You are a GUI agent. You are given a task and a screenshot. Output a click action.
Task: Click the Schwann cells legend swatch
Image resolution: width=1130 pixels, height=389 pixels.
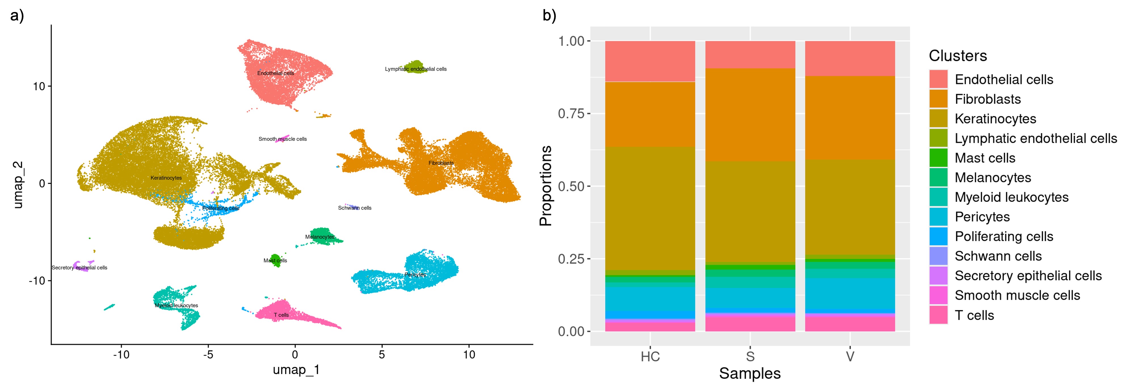(x=938, y=256)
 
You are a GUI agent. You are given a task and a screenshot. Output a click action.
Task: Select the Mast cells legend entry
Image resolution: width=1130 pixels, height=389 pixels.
(x=985, y=158)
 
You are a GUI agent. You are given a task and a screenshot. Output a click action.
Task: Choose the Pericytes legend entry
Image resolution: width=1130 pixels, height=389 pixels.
(x=982, y=217)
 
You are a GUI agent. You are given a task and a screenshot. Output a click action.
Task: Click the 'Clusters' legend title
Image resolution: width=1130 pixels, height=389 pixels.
(x=957, y=56)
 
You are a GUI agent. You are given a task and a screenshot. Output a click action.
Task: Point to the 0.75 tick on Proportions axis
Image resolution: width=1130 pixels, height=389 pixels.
(x=571, y=114)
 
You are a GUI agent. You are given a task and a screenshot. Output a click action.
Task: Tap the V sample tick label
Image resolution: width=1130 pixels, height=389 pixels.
(x=850, y=356)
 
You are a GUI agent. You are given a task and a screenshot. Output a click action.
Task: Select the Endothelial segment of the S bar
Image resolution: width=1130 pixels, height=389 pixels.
(x=750, y=55)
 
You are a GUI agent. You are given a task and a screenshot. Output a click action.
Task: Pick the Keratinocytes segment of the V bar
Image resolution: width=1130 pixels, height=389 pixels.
(x=850, y=206)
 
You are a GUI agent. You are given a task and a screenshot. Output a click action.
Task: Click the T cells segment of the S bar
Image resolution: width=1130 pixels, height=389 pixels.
(x=750, y=324)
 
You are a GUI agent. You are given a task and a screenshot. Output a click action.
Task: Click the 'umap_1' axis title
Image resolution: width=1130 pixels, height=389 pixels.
(x=296, y=370)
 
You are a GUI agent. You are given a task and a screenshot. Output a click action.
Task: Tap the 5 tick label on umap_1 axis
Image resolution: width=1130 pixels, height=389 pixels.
(x=382, y=354)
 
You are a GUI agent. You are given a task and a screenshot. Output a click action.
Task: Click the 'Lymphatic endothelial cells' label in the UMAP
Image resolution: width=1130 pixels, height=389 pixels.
(x=415, y=69)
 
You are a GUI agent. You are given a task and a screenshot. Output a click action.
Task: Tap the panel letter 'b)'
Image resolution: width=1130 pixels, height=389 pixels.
(x=549, y=16)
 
